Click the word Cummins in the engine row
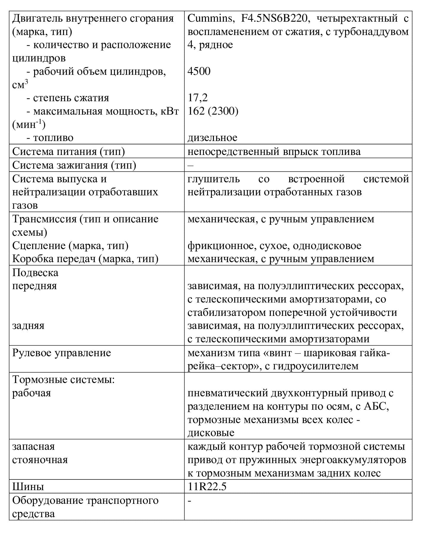[x=210, y=18]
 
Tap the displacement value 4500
[x=199, y=71]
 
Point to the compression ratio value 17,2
[x=198, y=98]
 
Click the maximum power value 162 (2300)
[x=213, y=111]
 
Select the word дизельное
[x=212, y=137]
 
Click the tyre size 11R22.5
[x=207, y=487]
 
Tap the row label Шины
[x=28, y=487]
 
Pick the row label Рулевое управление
[x=61, y=353]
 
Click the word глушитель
[x=214, y=179]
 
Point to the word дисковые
[x=211, y=433]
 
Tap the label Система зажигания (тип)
[x=74, y=165]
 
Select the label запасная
[x=34, y=447]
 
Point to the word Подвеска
[x=35, y=273]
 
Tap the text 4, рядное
[x=210, y=45]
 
